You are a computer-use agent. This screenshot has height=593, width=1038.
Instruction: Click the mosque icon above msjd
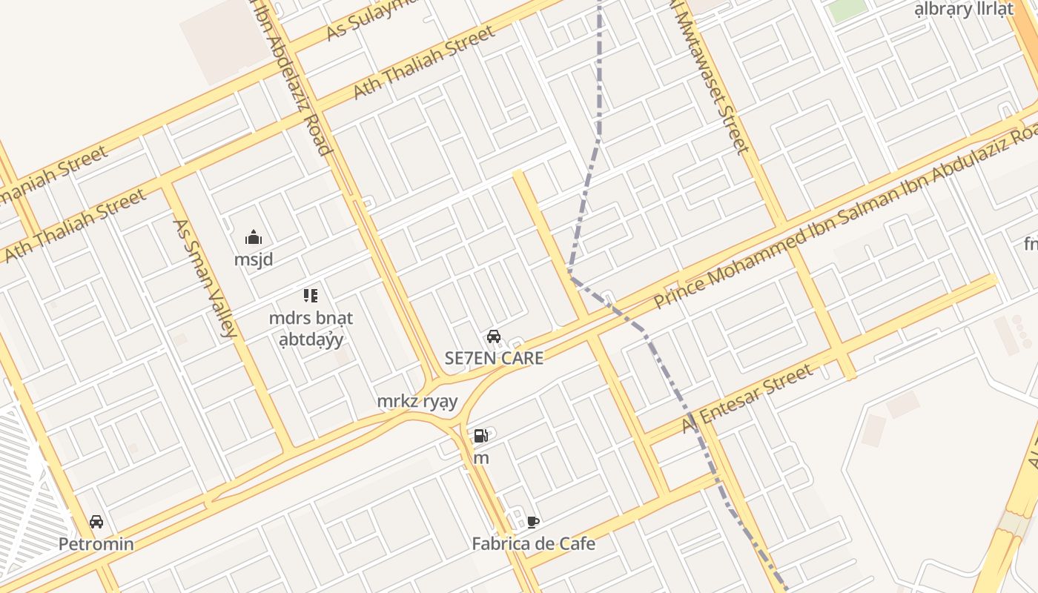point(254,238)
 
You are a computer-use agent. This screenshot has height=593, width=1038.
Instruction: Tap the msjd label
point(254,260)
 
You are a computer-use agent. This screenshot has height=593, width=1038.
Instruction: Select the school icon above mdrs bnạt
point(311,296)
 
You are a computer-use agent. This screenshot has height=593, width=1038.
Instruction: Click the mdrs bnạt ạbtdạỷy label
point(311,328)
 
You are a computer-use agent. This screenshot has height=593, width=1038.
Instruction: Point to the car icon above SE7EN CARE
point(494,337)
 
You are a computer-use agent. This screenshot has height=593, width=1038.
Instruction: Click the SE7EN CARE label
point(494,358)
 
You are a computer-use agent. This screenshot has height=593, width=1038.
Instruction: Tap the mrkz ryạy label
point(417,402)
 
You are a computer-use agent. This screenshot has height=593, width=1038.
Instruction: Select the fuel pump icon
point(481,436)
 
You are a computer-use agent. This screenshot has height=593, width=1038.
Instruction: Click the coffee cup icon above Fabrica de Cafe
point(533,522)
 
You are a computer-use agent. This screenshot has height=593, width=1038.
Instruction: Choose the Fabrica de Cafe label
point(533,544)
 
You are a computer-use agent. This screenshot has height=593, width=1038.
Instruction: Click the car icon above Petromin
point(96,522)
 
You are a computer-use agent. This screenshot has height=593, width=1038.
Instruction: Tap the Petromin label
point(96,544)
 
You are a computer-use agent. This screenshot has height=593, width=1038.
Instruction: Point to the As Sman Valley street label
point(205,277)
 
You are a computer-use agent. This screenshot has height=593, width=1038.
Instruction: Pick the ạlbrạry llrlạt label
point(963,10)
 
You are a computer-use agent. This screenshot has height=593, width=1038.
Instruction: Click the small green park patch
point(847,10)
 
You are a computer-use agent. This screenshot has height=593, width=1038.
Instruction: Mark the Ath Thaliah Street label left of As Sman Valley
point(74,226)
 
